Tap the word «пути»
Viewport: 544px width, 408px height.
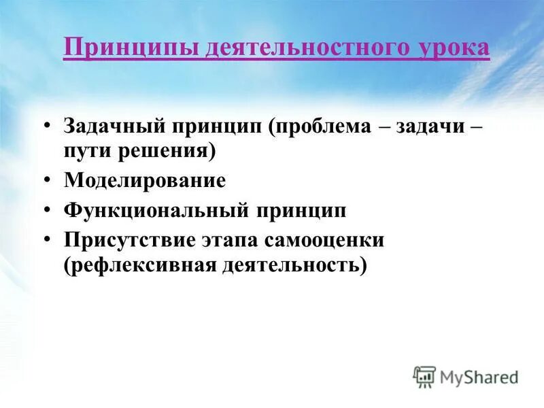(86, 151)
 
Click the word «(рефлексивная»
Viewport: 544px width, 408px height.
(138, 264)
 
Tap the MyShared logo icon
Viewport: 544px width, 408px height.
(424, 376)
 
